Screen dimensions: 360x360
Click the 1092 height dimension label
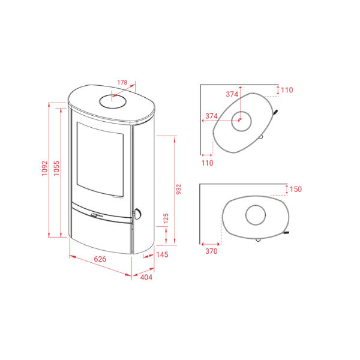pyautogui.click(x=45, y=168)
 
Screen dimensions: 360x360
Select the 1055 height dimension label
pyautogui.click(x=56, y=168)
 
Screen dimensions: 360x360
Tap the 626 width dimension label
pyautogui.click(x=100, y=259)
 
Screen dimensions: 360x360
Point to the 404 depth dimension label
pyautogui.click(x=146, y=277)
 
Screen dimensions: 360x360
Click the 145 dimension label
pyautogui.click(x=163, y=254)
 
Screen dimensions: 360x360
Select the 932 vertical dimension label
pyautogui.click(x=179, y=189)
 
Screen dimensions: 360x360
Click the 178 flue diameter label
pyautogui.click(x=122, y=82)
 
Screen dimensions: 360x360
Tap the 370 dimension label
pyautogui.click(x=211, y=251)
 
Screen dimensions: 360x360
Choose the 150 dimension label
pyautogui.click(x=296, y=189)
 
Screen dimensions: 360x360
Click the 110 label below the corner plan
pyautogui.click(x=208, y=163)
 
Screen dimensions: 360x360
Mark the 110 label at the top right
pyautogui.click(x=287, y=90)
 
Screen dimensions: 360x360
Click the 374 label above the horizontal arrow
pyautogui.click(x=211, y=116)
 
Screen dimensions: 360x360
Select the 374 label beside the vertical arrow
pyautogui.click(x=232, y=94)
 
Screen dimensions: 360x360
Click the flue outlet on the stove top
pyautogui.click(x=113, y=101)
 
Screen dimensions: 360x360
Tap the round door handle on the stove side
pyautogui.click(x=137, y=214)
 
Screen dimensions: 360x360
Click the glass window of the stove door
pyautogui.click(x=100, y=159)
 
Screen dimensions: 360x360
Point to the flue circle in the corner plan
pyautogui.click(x=241, y=121)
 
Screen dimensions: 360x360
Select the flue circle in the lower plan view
pyautogui.click(x=256, y=215)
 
